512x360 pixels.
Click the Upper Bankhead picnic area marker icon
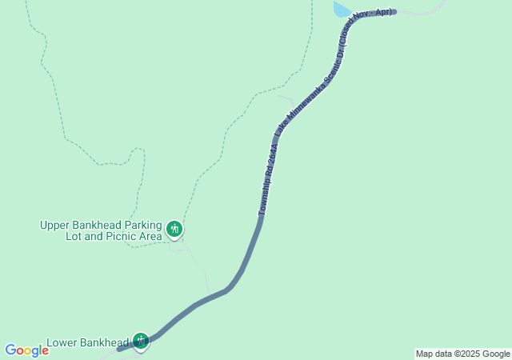pos(174,230)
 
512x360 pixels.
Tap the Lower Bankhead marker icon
pos(141,341)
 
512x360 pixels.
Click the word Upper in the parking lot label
pos(55,225)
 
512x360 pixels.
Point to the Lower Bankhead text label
pos(87,343)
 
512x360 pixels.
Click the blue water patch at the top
pos(342,9)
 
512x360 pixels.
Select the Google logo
pos(26,350)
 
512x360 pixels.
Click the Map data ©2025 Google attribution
pos(462,354)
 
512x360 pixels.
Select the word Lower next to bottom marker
pos(62,343)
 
